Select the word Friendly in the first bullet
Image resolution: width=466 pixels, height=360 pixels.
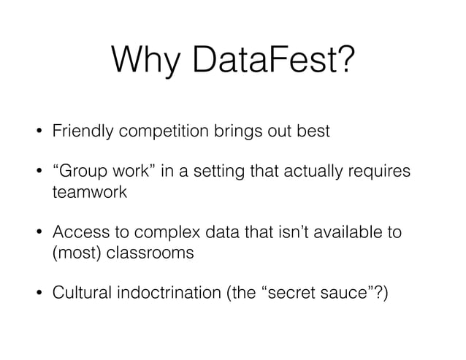(x=82, y=132)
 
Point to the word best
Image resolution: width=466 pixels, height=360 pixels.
(x=313, y=132)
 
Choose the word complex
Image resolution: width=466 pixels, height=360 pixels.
(x=153, y=233)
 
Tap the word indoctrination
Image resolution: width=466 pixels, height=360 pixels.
(x=167, y=293)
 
